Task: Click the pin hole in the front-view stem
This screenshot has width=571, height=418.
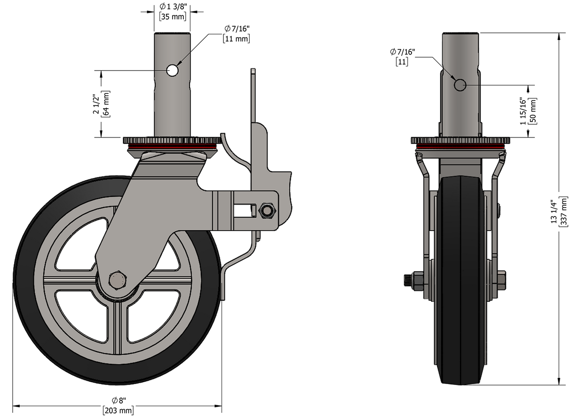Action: coord(460,85)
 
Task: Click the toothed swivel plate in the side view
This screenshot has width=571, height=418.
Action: coord(171,140)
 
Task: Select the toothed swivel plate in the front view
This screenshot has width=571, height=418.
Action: coord(460,140)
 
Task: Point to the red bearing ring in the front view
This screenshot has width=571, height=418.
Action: coord(460,147)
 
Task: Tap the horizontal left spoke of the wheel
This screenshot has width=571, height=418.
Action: coord(71,282)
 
